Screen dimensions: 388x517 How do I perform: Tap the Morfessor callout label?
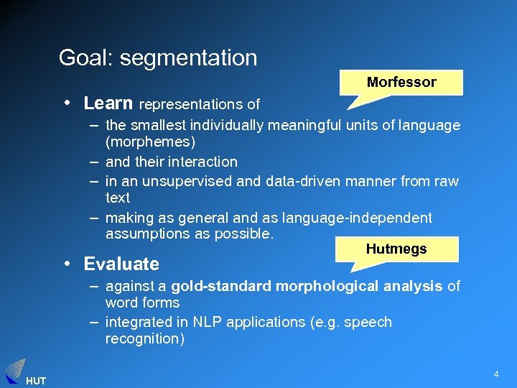(401, 82)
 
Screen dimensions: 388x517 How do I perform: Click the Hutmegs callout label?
(396, 249)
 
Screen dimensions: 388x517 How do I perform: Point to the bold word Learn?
(108, 103)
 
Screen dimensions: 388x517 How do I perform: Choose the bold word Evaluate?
(121, 264)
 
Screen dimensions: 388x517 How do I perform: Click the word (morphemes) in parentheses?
(150, 142)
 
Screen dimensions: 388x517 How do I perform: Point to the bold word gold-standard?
(221, 286)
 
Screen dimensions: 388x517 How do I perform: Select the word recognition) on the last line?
(144, 338)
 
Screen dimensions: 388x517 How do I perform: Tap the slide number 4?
(495, 374)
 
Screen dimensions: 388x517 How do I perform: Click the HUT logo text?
(36, 381)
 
